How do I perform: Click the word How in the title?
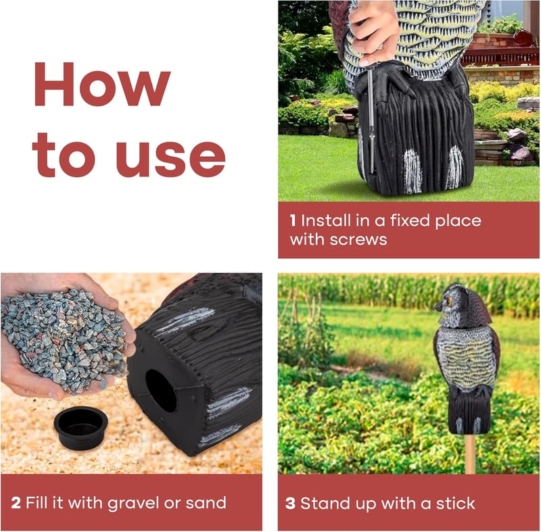point(102,84)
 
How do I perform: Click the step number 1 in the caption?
point(293,220)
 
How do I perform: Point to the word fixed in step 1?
point(410,220)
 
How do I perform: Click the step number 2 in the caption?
point(16,503)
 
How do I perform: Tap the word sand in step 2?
point(206,503)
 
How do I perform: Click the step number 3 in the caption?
point(291,504)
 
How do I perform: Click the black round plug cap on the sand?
point(80,427)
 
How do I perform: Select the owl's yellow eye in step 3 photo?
point(450,301)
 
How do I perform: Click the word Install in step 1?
point(326,220)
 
